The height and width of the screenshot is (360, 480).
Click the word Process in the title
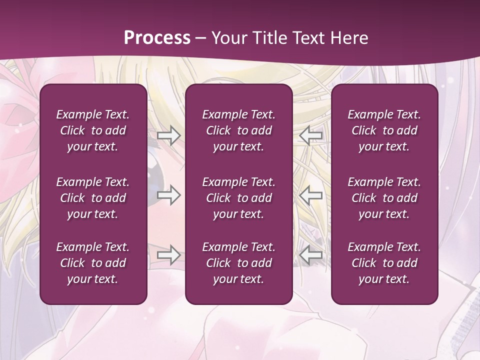pyautogui.click(x=157, y=38)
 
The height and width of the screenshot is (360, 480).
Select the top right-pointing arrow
pyautogui.click(x=168, y=135)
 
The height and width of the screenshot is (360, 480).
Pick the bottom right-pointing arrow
pyautogui.click(x=168, y=255)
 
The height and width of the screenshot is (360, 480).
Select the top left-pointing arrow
pyautogui.click(x=311, y=135)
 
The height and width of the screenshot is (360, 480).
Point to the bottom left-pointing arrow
pyautogui.click(x=311, y=255)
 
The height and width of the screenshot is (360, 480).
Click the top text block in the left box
pyautogui.click(x=93, y=130)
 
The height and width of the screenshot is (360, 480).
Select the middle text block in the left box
pyautogui.click(x=93, y=198)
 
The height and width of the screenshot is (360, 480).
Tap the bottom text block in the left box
pyautogui.click(x=93, y=263)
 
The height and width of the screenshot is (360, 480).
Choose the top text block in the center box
pyautogui.click(x=239, y=130)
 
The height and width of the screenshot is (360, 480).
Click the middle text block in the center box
pyautogui.click(x=239, y=198)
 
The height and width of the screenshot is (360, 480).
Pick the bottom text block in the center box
pyautogui.click(x=239, y=263)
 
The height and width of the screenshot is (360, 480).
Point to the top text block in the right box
pyautogui.click(x=384, y=130)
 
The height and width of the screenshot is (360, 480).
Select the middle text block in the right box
pyautogui.click(x=384, y=198)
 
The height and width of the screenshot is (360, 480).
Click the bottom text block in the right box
pyautogui.click(x=384, y=263)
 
